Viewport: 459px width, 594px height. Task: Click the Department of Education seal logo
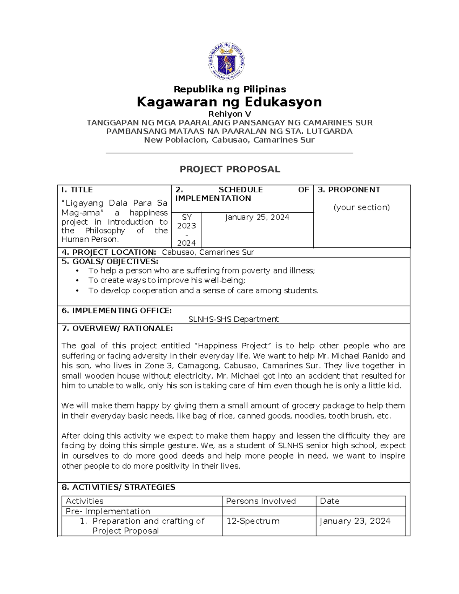226,61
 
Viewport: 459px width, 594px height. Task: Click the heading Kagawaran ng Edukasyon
229,102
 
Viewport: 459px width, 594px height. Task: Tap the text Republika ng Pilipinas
229,89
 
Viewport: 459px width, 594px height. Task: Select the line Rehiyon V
229,114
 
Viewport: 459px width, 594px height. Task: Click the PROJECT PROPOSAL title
230,169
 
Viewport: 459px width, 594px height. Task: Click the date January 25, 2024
257,217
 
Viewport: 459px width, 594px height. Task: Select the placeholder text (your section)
361,207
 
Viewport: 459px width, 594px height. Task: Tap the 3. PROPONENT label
349,190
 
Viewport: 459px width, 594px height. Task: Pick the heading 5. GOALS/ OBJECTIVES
110,262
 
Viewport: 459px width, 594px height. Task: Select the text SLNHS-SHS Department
233,319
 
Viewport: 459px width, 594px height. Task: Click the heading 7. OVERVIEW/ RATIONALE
117,329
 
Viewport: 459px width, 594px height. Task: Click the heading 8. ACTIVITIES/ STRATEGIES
119,487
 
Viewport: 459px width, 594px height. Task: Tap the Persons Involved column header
261,501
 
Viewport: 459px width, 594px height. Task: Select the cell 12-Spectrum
253,521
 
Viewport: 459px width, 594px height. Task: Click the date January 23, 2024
355,521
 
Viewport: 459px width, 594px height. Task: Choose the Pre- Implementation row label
108,511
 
